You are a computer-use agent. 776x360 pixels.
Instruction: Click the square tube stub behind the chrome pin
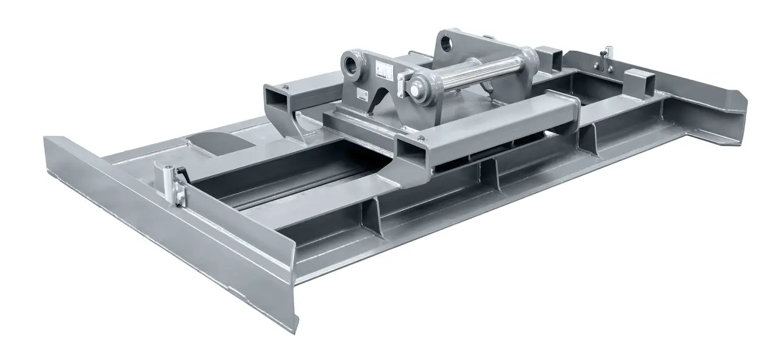click(552, 58)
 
